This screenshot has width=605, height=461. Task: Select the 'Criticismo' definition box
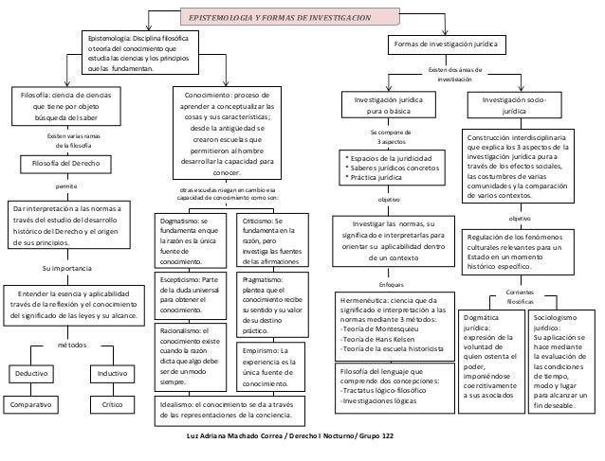(274, 240)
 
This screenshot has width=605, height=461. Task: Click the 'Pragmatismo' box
(274, 306)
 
